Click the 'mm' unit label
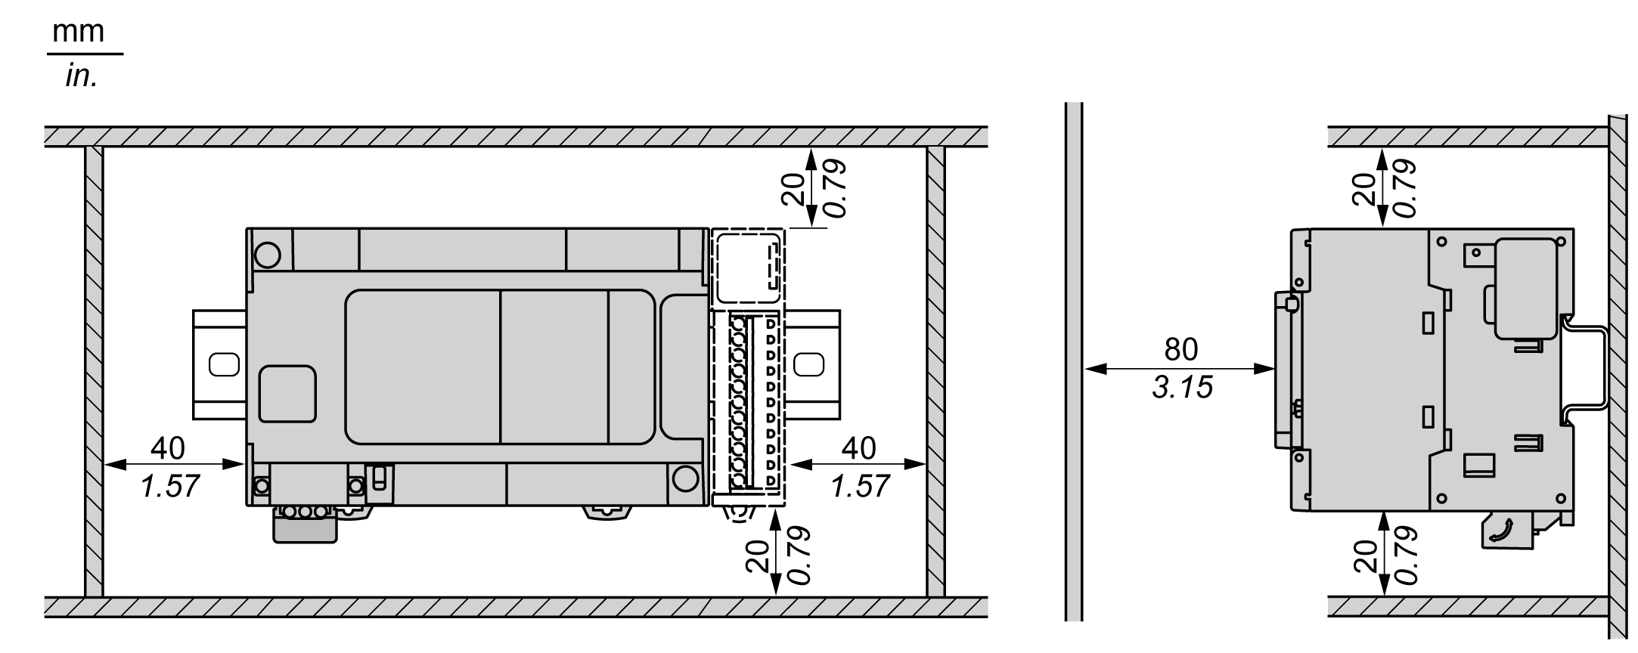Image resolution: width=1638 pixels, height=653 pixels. (78, 32)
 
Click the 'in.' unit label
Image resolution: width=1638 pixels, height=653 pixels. (81, 76)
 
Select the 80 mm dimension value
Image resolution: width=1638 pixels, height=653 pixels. (1180, 349)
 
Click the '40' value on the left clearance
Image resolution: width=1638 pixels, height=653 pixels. (168, 448)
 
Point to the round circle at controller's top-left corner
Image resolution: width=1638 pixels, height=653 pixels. (267, 255)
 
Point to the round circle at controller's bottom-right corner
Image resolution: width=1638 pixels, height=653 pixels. (684, 478)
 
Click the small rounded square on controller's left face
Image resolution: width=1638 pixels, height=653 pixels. (287, 393)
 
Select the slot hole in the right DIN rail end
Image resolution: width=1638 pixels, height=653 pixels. (809, 364)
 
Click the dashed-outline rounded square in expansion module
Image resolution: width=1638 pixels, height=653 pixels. (748, 268)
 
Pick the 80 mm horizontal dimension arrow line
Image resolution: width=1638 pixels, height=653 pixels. (1180, 370)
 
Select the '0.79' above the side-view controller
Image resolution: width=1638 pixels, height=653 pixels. (1404, 189)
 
